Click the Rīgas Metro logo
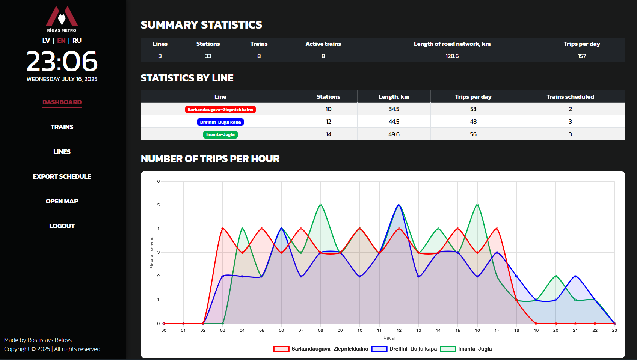[x=62, y=19]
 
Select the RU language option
[x=77, y=41]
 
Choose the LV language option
[x=46, y=41]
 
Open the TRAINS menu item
[x=62, y=127]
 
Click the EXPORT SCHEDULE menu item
[x=62, y=176]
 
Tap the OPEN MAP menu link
[x=62, y=201]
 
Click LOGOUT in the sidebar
[x=62, y=226]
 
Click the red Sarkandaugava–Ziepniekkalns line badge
[x=220, y=110]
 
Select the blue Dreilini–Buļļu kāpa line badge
[x=220, y=122]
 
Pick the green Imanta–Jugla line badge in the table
[x=220, y=134]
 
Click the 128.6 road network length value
[x=452, y=56]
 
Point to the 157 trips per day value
[x=582, y=56]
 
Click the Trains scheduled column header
[x=570, y=97]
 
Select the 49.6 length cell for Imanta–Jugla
[x=394, y=134]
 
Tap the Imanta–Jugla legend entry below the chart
[x=466, y=349]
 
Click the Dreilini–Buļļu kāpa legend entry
[x=405, y=349]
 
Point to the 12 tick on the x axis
[x=399, y=330]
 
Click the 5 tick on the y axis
[x=158, y=205]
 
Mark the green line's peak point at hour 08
[x=320, y=205]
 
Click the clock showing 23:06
[x=62, y=62]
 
